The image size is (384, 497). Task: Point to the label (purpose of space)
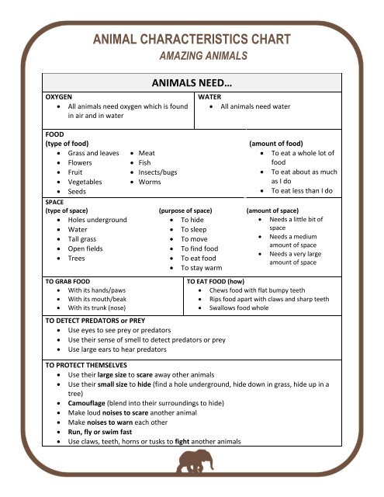(191, 210)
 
